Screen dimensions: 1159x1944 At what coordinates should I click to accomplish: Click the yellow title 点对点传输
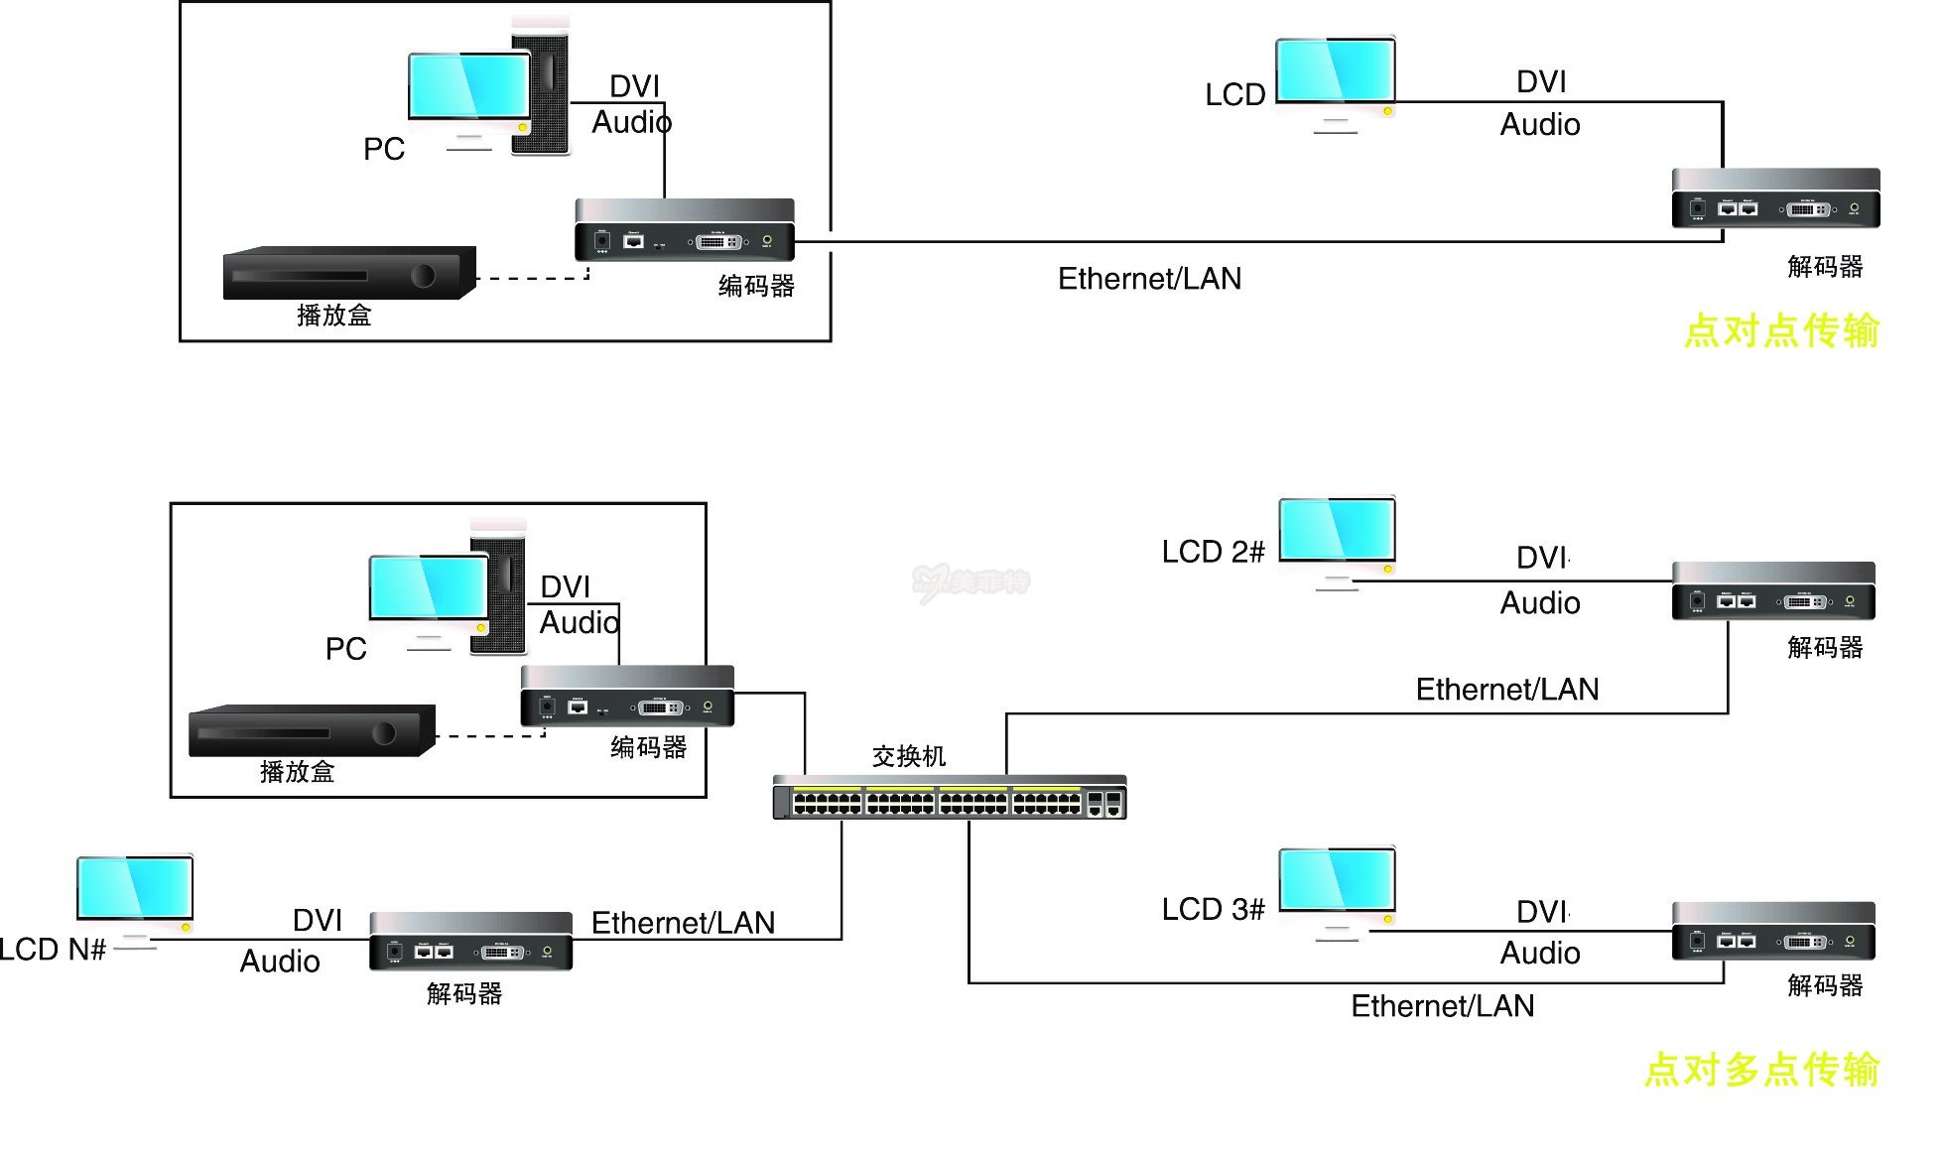tap(1781, 330)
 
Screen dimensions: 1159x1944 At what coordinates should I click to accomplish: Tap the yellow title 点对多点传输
tap(1761, 1070)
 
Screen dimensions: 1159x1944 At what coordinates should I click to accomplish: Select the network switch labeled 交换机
tap(949, 798)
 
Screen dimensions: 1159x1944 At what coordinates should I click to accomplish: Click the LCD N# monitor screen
tap(135, 888)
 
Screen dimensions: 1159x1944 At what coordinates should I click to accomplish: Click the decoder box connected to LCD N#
tap(470, 942)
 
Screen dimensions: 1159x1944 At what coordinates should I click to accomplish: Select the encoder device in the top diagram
tap(685, 231)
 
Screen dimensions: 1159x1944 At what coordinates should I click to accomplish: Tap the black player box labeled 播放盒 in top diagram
tap(348, 274)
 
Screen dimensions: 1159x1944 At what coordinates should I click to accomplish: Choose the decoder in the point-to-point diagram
tap(1775, 199)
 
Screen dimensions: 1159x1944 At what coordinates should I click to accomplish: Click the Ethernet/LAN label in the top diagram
tap(1149, 279)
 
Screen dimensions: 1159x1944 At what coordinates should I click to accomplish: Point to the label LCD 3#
tap(1213, 910)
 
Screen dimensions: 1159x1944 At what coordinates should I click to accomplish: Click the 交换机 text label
tap(908, 757)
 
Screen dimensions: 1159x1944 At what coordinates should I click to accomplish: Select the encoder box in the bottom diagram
tap(627, 697)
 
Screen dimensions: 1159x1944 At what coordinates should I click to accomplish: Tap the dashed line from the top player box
tap(531, 279)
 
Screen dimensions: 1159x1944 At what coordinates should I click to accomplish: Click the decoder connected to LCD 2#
tap(1773, 592)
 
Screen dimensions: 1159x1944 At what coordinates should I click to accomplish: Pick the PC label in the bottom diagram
tap(345, 649)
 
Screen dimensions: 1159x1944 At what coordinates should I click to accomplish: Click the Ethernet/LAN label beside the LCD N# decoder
tap(683, 923)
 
